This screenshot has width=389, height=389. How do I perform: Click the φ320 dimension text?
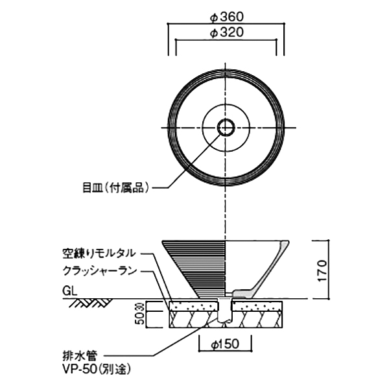[226, 34]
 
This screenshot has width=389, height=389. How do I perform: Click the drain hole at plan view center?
[226, 127]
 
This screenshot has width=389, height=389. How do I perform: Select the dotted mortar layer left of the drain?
[194, 305]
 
